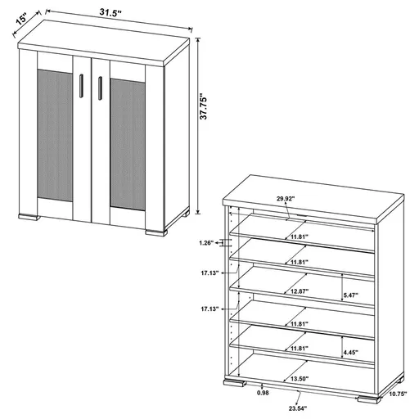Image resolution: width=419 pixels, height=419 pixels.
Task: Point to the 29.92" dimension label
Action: [x=286, y=199]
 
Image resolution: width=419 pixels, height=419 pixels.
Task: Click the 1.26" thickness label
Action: [x=207, y=242]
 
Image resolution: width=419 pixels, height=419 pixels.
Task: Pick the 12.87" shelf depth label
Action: [x=300, y=291]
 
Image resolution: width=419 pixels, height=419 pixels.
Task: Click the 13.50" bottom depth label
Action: [x=300, y=380]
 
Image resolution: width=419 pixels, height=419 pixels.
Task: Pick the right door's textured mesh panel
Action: [x=128, y=142]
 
